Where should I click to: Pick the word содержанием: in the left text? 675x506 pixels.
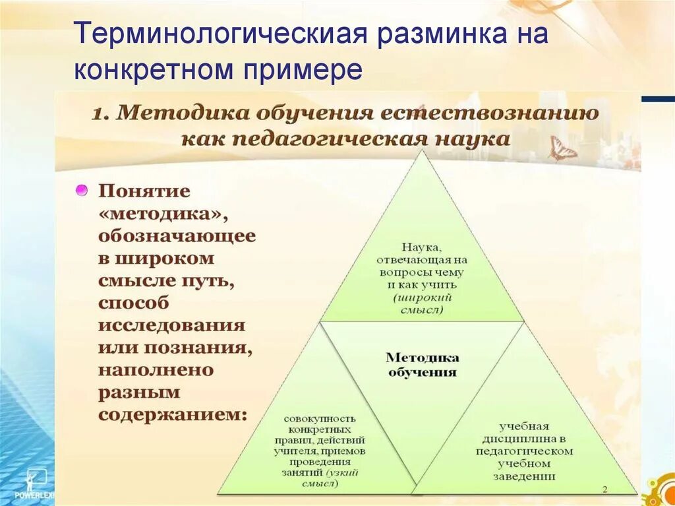[x=173, y=415]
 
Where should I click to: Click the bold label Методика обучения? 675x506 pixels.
[x=422, y=365]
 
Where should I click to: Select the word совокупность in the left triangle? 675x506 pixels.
[x=320, y=418]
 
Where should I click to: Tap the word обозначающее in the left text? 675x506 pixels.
[x=177, y=236]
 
